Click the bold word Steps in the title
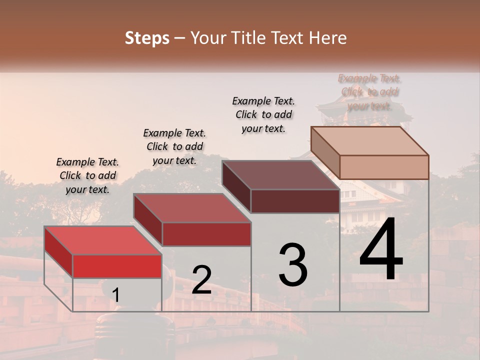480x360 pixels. click(147, 38)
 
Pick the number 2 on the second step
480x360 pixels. click(202, 280)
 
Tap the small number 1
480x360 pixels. click(116, 295)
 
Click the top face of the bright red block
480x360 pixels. click(102, 240)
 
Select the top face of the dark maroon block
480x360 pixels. click(280, 175)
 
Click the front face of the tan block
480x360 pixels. click(384, 167)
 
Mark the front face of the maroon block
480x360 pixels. click(295, 201)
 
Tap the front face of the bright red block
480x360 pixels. click(117, 266)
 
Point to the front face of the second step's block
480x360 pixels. click(206, 234)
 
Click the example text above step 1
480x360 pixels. click(87, 176)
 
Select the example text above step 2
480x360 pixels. click(174, 147)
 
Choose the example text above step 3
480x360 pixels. click(263, 114)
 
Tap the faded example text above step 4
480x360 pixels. click(370, 92)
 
